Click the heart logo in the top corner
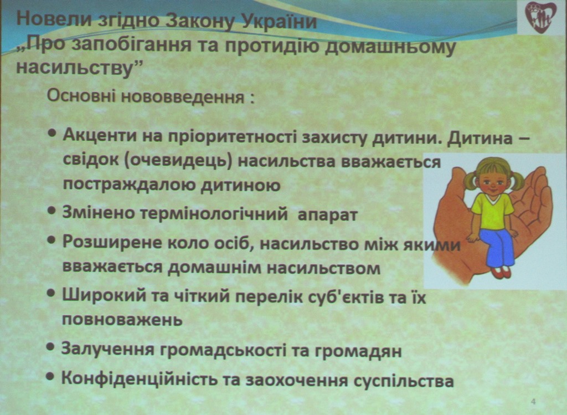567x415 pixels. pyautogui.click(x=540, y=17)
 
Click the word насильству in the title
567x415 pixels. pyautogui.click(x=73, y=68)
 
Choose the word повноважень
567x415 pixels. pyautogui.click(x=122, y=320)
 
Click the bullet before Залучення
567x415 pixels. pyautogui.click(x=50, y=347)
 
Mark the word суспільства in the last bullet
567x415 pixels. pyautogui.click(x=403, y=381)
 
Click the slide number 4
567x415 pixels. pyautogui.click(x=533, y=402)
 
